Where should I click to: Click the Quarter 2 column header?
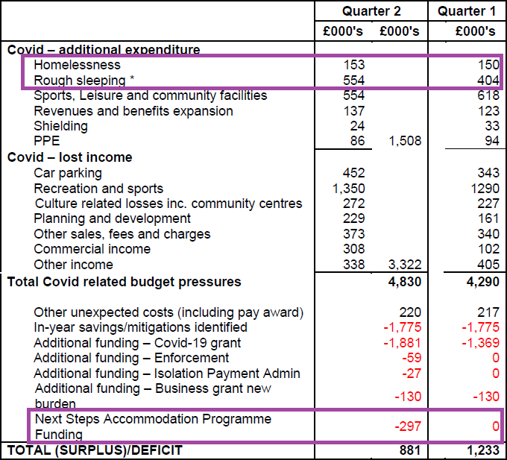click(371, 11)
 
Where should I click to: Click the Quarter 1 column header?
click(466, 11)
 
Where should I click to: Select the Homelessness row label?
click(77, 66)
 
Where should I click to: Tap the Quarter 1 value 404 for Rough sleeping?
click(488, 81)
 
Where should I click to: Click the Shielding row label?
click(60, 126)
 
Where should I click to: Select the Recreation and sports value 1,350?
click(347, 189)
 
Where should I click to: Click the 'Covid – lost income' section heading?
click(69, 157)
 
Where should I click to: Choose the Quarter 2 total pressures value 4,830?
click(405, 282)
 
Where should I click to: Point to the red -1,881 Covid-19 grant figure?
click(403, 343)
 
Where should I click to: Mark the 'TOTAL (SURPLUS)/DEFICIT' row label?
click(95, 450)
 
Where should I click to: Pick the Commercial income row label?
click(92, 249)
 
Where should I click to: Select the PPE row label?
click(46, 141)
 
